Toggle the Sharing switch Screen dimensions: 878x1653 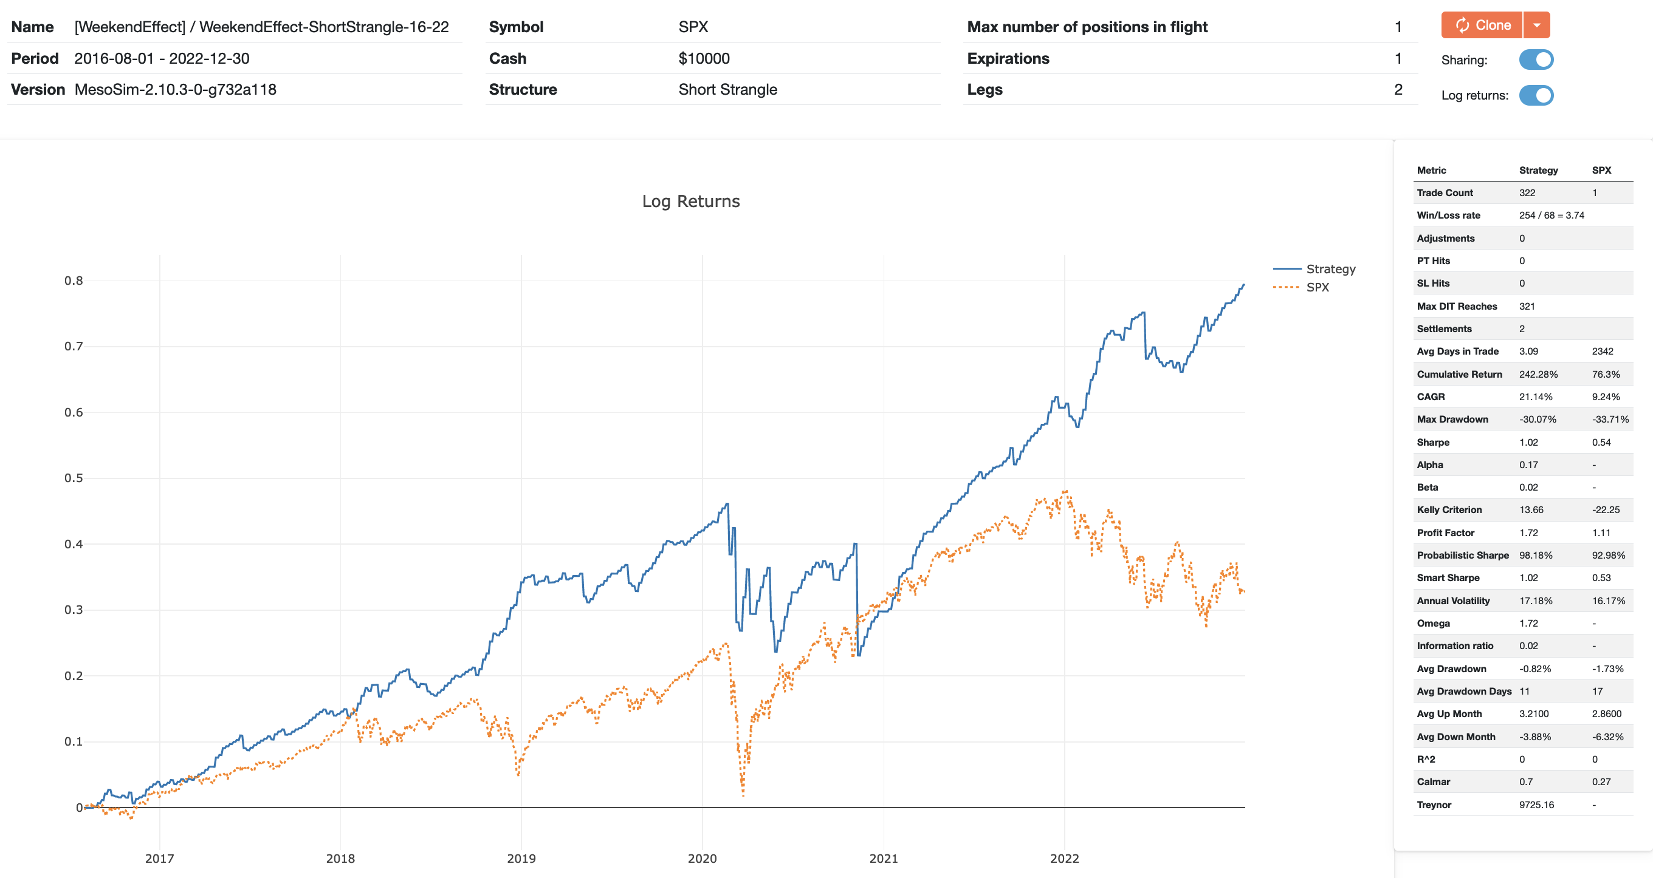coord(1536,60)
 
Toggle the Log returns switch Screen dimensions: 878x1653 coord(1536,95)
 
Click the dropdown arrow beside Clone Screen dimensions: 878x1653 coord(1537,25)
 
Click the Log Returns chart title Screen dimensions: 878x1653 coord(690,202)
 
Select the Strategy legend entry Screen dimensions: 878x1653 coord(1330,269)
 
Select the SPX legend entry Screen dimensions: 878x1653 coord(1318,287)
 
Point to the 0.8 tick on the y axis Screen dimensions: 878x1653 coord(74,281)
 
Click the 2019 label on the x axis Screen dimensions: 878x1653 coord(521,858)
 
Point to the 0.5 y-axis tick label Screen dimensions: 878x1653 coord(74,478)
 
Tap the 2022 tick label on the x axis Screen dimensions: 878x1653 coord(1064,858)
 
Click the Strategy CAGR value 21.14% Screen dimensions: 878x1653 coord(1536,396)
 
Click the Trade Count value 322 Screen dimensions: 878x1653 coord(1527,192)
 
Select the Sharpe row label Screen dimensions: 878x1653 coord(1433,442)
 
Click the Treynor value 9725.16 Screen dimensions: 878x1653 coord(1536,805)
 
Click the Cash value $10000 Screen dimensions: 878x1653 coord(704,58)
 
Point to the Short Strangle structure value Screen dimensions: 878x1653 coord(727,89)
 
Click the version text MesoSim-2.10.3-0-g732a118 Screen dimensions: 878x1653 coord(175,89)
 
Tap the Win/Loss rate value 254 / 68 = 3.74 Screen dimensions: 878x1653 coord(1552,215)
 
